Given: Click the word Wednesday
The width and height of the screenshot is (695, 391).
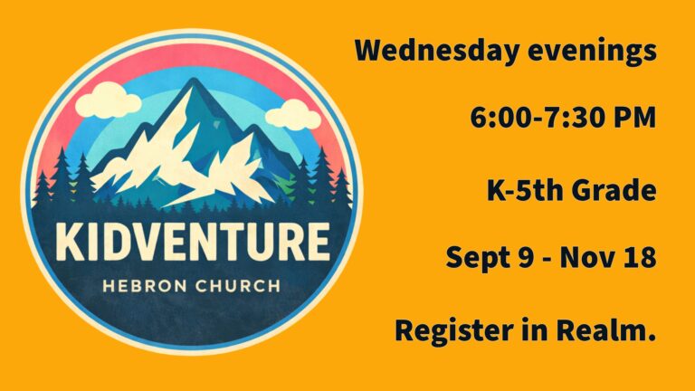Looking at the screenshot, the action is click(436, 50).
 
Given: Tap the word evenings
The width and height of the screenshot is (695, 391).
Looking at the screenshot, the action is click(592, 52).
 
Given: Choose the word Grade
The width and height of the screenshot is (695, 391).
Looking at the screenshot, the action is click(614, 190).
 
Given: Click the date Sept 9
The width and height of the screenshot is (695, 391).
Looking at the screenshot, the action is click(490, 258).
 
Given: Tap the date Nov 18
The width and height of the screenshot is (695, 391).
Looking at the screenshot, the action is click(608, 257).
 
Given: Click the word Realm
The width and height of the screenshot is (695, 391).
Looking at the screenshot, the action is click(606, 330).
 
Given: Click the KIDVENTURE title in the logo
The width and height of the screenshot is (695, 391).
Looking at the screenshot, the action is click(193, 242).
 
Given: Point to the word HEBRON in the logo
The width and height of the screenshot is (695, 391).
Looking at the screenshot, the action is click(145, 286).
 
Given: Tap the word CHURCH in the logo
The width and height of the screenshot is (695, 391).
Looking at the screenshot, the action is click(238, 286).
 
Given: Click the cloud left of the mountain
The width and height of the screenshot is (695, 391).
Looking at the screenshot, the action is click(108, 100).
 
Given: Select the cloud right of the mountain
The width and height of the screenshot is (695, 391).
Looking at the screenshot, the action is click(293, 115).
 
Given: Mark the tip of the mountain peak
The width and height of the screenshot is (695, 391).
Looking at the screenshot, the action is click(193, 79).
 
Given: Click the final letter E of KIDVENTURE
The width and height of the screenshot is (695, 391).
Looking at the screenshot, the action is click(319, 242).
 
